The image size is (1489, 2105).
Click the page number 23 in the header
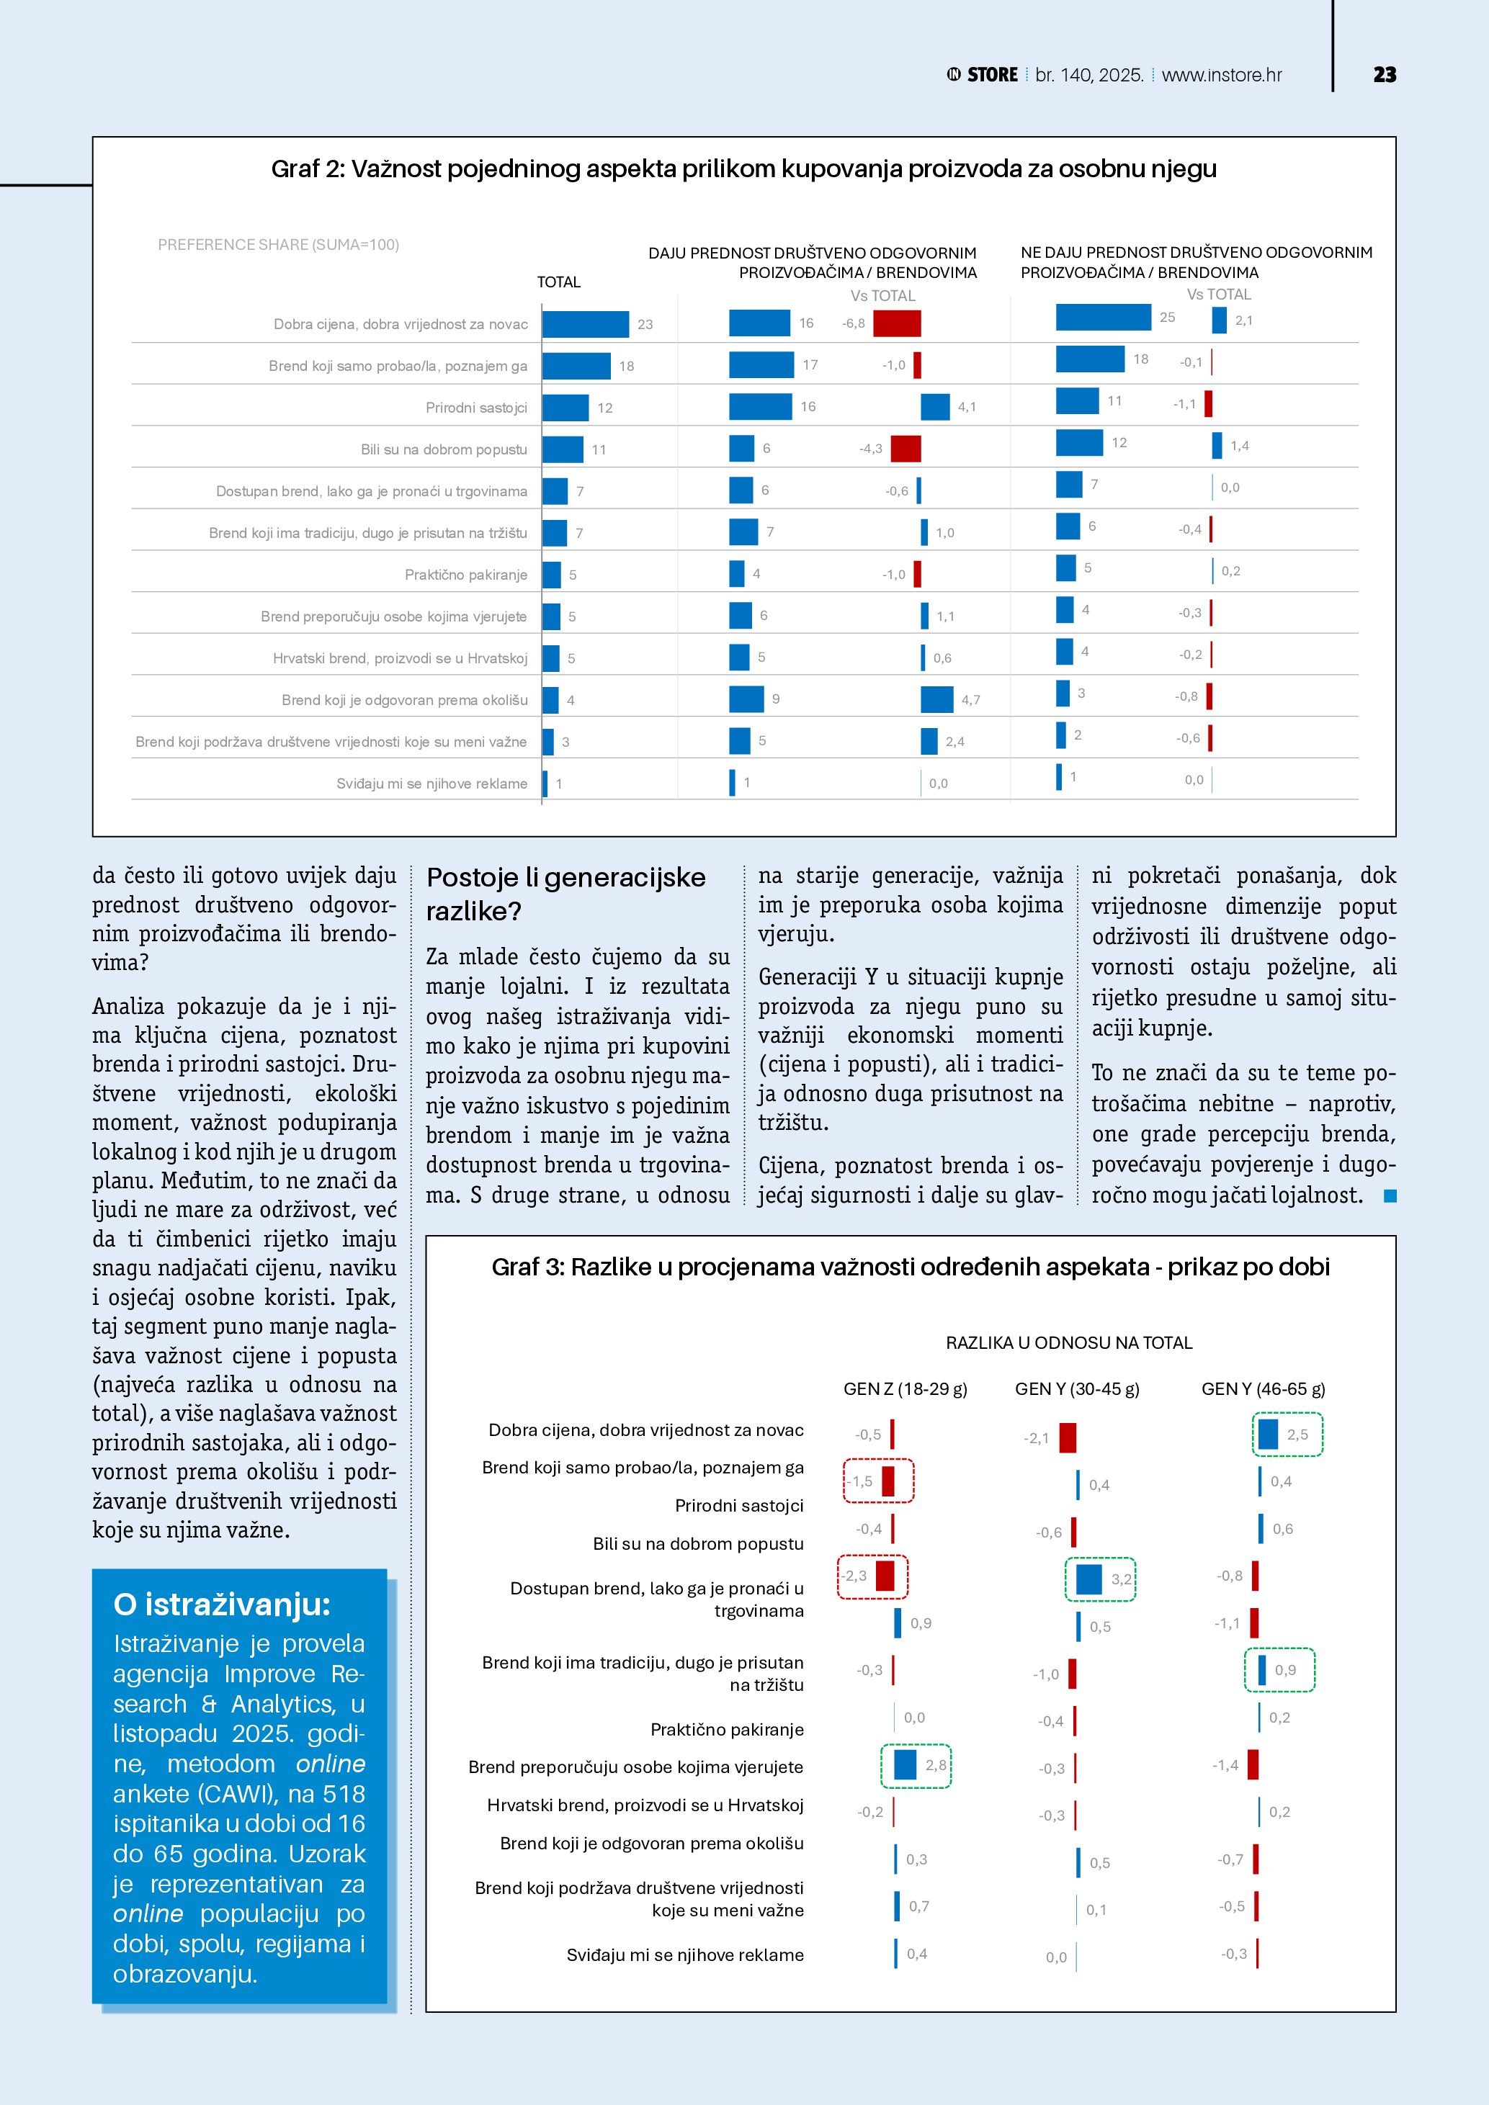click(1385, 75)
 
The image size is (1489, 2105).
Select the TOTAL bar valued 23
click(585, 323)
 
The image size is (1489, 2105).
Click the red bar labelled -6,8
click(897, 323)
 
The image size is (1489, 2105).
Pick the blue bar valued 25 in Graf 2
click(1103, 317)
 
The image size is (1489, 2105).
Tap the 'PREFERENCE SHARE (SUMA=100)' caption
click(278, 245)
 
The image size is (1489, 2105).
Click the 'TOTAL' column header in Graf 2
click(558, 282)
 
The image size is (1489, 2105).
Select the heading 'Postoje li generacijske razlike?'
click(565, 894)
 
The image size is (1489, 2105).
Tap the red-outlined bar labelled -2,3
click(885, 1576)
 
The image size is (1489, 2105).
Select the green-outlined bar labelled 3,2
click(1088, 1579)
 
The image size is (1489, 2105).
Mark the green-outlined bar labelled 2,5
click(1268, 1434)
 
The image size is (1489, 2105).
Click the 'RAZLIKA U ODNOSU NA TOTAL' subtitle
click(1068, 1343)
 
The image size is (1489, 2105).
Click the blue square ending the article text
click(1390, 1195)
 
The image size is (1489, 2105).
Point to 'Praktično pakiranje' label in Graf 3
click(726, 1730)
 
